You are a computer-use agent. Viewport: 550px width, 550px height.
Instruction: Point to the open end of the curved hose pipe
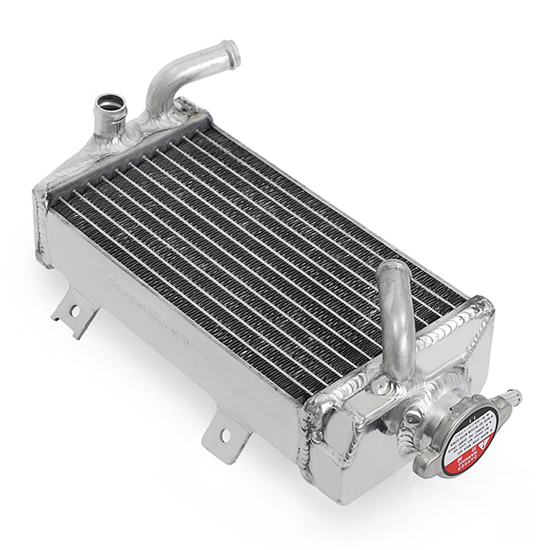tap(232, 51)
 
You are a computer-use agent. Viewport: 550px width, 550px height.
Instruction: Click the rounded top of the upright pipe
tap(391, 271)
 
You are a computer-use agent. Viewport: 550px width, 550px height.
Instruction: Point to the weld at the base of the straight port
tap(114, 136)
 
